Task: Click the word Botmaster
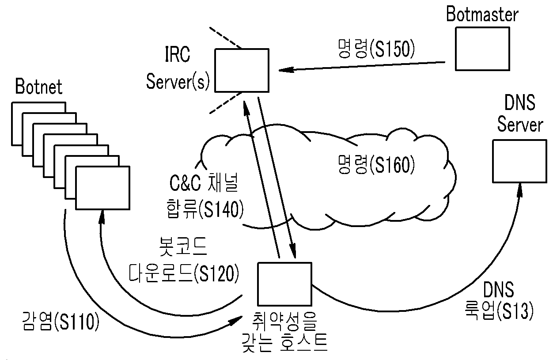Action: [482, 14]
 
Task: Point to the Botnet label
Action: [39, 87]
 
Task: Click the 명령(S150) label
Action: [376, 49]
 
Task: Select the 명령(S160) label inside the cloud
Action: [376, 164]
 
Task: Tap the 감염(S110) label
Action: [61, 321]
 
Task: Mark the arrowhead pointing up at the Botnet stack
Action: [102, 217]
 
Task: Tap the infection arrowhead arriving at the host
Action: [236, 321]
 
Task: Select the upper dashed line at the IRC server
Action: [225, 38]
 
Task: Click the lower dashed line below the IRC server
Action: [226, 103]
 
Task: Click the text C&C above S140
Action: [185, 183]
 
